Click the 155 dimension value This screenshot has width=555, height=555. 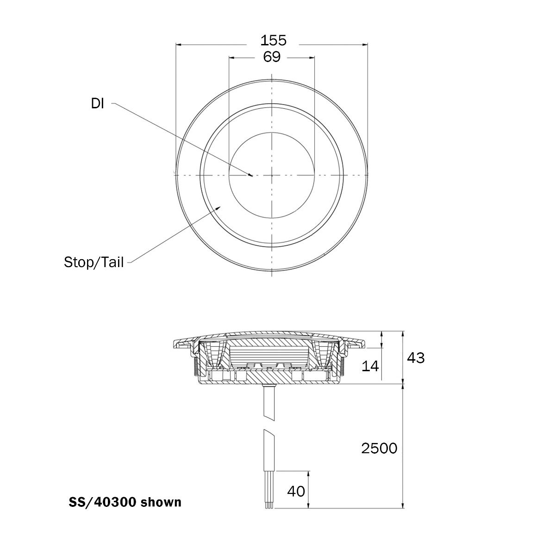coord(273,40)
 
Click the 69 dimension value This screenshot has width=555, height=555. coord(272,57)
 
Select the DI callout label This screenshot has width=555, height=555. coord(97,104)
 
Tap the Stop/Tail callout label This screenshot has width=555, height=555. coord(94,262)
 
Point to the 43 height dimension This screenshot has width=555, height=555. coord(415,357)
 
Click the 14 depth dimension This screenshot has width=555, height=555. coord(370,366)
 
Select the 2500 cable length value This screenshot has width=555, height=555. coord(379,448)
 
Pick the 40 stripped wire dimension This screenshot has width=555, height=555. coord(296,491)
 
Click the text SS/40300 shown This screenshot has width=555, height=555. coord(125,502)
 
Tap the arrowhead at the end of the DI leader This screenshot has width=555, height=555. coord(250,175)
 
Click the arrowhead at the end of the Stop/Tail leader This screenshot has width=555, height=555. coord(219,207)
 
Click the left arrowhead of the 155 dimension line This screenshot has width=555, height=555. coord(179,45)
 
